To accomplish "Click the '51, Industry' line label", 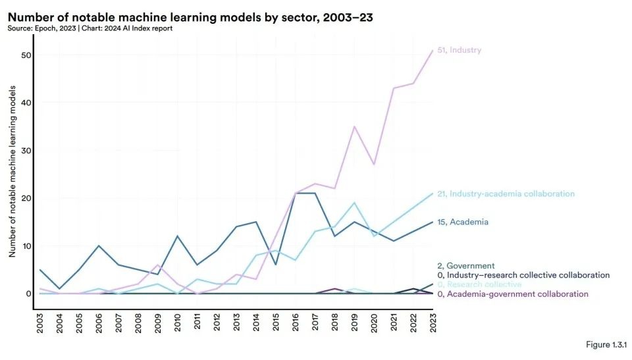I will [459, 50].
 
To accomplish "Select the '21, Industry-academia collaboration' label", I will [506, 194].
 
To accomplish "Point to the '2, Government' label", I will [465, 266].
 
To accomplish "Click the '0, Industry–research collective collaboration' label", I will [523, 275].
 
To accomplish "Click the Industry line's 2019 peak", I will [354, 126].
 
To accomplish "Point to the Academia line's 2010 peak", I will [178, 236].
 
